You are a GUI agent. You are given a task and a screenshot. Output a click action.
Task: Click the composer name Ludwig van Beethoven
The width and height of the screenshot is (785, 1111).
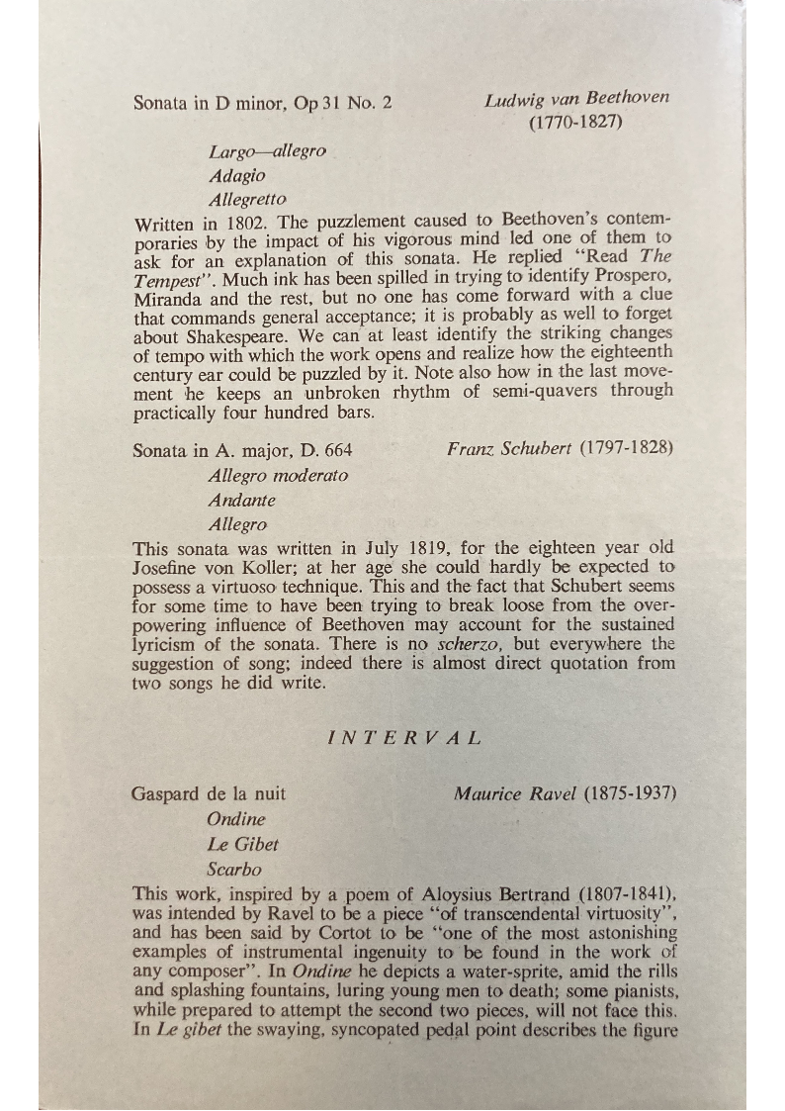coord(576,98)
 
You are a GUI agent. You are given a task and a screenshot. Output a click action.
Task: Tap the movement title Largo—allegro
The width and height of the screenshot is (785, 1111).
coord(267,151)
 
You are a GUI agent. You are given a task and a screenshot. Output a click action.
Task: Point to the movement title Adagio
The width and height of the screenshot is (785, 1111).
coord(237,175)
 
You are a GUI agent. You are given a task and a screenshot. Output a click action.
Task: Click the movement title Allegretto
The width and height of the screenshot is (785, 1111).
coord(247,200)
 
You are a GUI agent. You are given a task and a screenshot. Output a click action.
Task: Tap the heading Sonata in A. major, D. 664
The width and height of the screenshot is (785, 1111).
coord(242,450)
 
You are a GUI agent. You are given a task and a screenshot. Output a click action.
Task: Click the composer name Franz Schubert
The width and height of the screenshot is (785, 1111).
coord(509,448)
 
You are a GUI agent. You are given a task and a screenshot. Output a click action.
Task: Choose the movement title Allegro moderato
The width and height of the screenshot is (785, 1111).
coord(278,475)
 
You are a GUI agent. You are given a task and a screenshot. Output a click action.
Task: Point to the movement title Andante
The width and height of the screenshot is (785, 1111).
coord(241,500)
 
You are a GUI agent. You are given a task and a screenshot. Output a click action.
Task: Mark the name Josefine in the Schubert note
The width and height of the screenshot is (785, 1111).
coord(167,567)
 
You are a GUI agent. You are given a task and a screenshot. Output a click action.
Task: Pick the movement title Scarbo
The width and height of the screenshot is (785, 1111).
coord(234,871)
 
